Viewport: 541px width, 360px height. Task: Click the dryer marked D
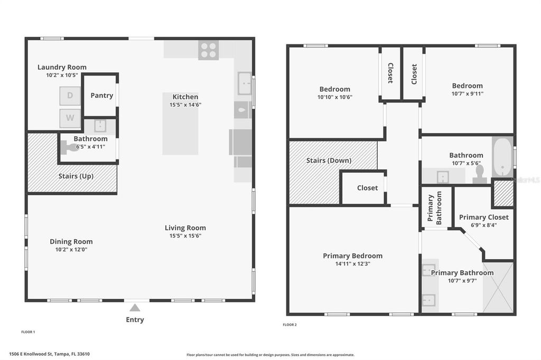click(70, 96)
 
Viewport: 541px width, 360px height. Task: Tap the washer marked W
click(70, 118)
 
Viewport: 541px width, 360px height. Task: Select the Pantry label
click(101, 96)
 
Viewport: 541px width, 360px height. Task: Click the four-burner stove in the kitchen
click(208, 50)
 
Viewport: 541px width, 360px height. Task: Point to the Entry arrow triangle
click(135, 308)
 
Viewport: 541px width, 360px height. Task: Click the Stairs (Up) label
click(76, 176)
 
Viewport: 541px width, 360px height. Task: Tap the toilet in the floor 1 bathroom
click(70, 148)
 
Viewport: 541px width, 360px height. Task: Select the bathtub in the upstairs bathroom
click(502, 157)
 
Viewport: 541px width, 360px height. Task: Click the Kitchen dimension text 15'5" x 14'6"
click(185, 105)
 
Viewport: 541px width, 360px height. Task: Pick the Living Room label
click(185, 228)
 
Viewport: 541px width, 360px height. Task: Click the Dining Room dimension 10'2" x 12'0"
click(71, 249)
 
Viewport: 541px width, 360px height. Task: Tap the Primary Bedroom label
click(352, 256)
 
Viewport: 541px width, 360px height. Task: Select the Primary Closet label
click(483, 217)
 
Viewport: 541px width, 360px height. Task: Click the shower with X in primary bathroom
click(498, 288)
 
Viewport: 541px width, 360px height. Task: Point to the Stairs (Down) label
click(329, 160)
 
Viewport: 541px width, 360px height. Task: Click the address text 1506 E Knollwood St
click(45, 354)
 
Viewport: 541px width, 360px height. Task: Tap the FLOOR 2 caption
click(290, 325)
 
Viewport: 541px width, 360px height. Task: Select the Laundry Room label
click(62, 67)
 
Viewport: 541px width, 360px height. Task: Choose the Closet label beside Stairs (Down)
click(367, 188)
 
